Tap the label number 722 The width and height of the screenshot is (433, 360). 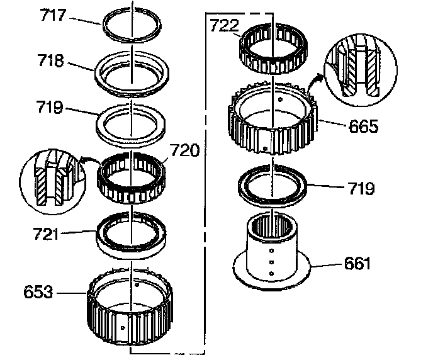[x=225, y=26]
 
